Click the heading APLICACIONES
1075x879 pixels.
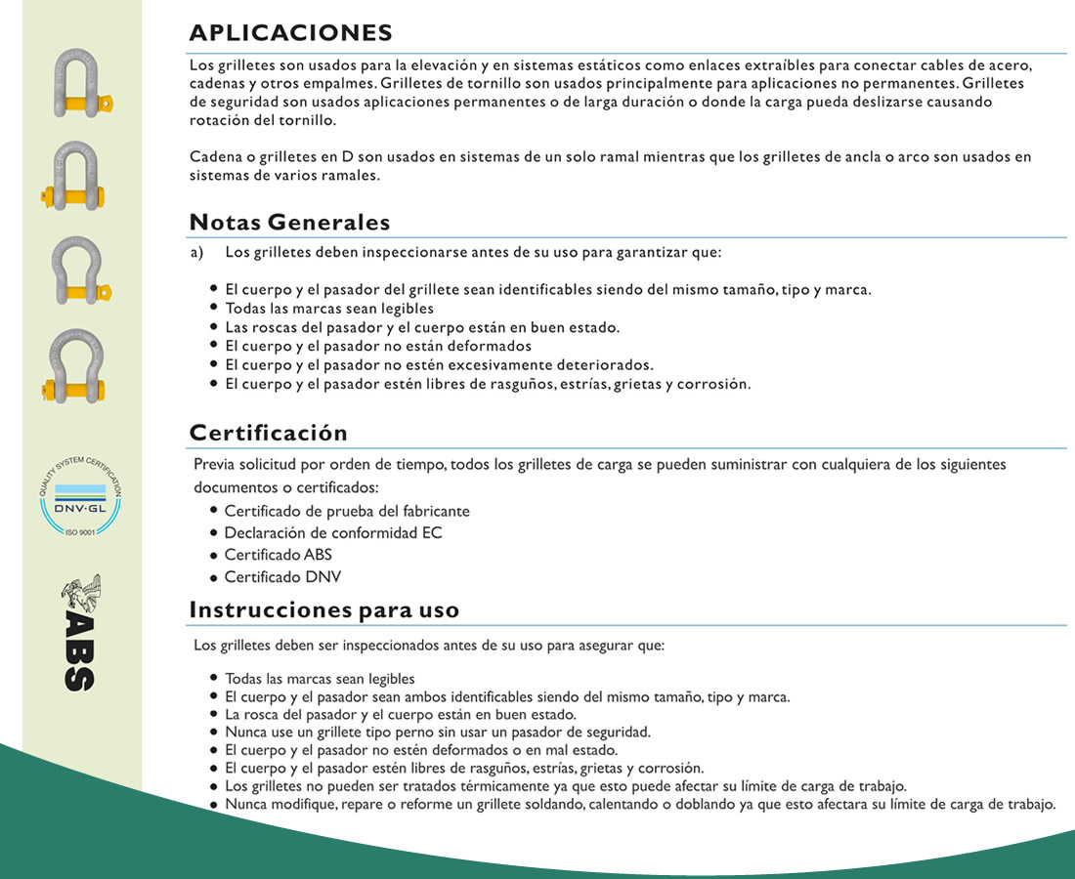coord(290,32)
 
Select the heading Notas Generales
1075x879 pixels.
coord(289,222)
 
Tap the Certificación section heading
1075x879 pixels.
coord(268,432)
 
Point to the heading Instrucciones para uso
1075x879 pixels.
coord(323,610)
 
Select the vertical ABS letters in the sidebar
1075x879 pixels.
coord(79,652)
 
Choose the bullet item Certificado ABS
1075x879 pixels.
coord(278,555)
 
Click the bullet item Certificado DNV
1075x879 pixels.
coord(282,577)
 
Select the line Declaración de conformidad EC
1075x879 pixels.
coord(332,533)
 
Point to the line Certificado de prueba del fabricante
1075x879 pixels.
coord(346,511)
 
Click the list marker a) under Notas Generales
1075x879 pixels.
coord(196,252)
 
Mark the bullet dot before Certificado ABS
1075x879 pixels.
coord(214,556)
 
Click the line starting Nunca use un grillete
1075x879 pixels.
coord(437,732)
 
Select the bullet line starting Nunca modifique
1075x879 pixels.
coord(639,805)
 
